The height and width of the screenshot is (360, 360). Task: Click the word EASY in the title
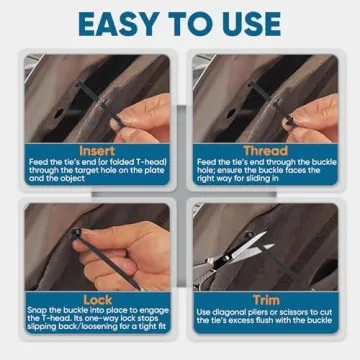pos(119,22)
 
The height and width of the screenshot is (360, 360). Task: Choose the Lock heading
pos(98,300)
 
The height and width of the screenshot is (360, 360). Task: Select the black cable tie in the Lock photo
pos(95,245)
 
